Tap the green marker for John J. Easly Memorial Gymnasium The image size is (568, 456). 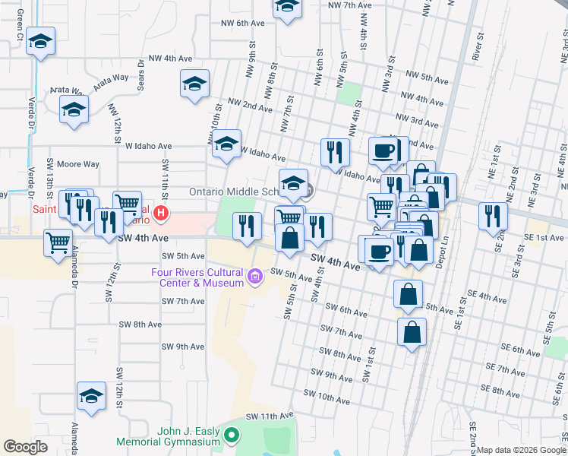point(232,435)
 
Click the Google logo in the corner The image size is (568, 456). point(25,447)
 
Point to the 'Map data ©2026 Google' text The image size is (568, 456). point(521,450)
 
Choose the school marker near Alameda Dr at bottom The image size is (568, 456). point(92,396)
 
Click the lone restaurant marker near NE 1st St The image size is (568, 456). point(493,215)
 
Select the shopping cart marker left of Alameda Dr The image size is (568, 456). point(58,243)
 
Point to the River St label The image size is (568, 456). point(479,47)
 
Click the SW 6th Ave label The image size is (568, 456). point(346,310)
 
